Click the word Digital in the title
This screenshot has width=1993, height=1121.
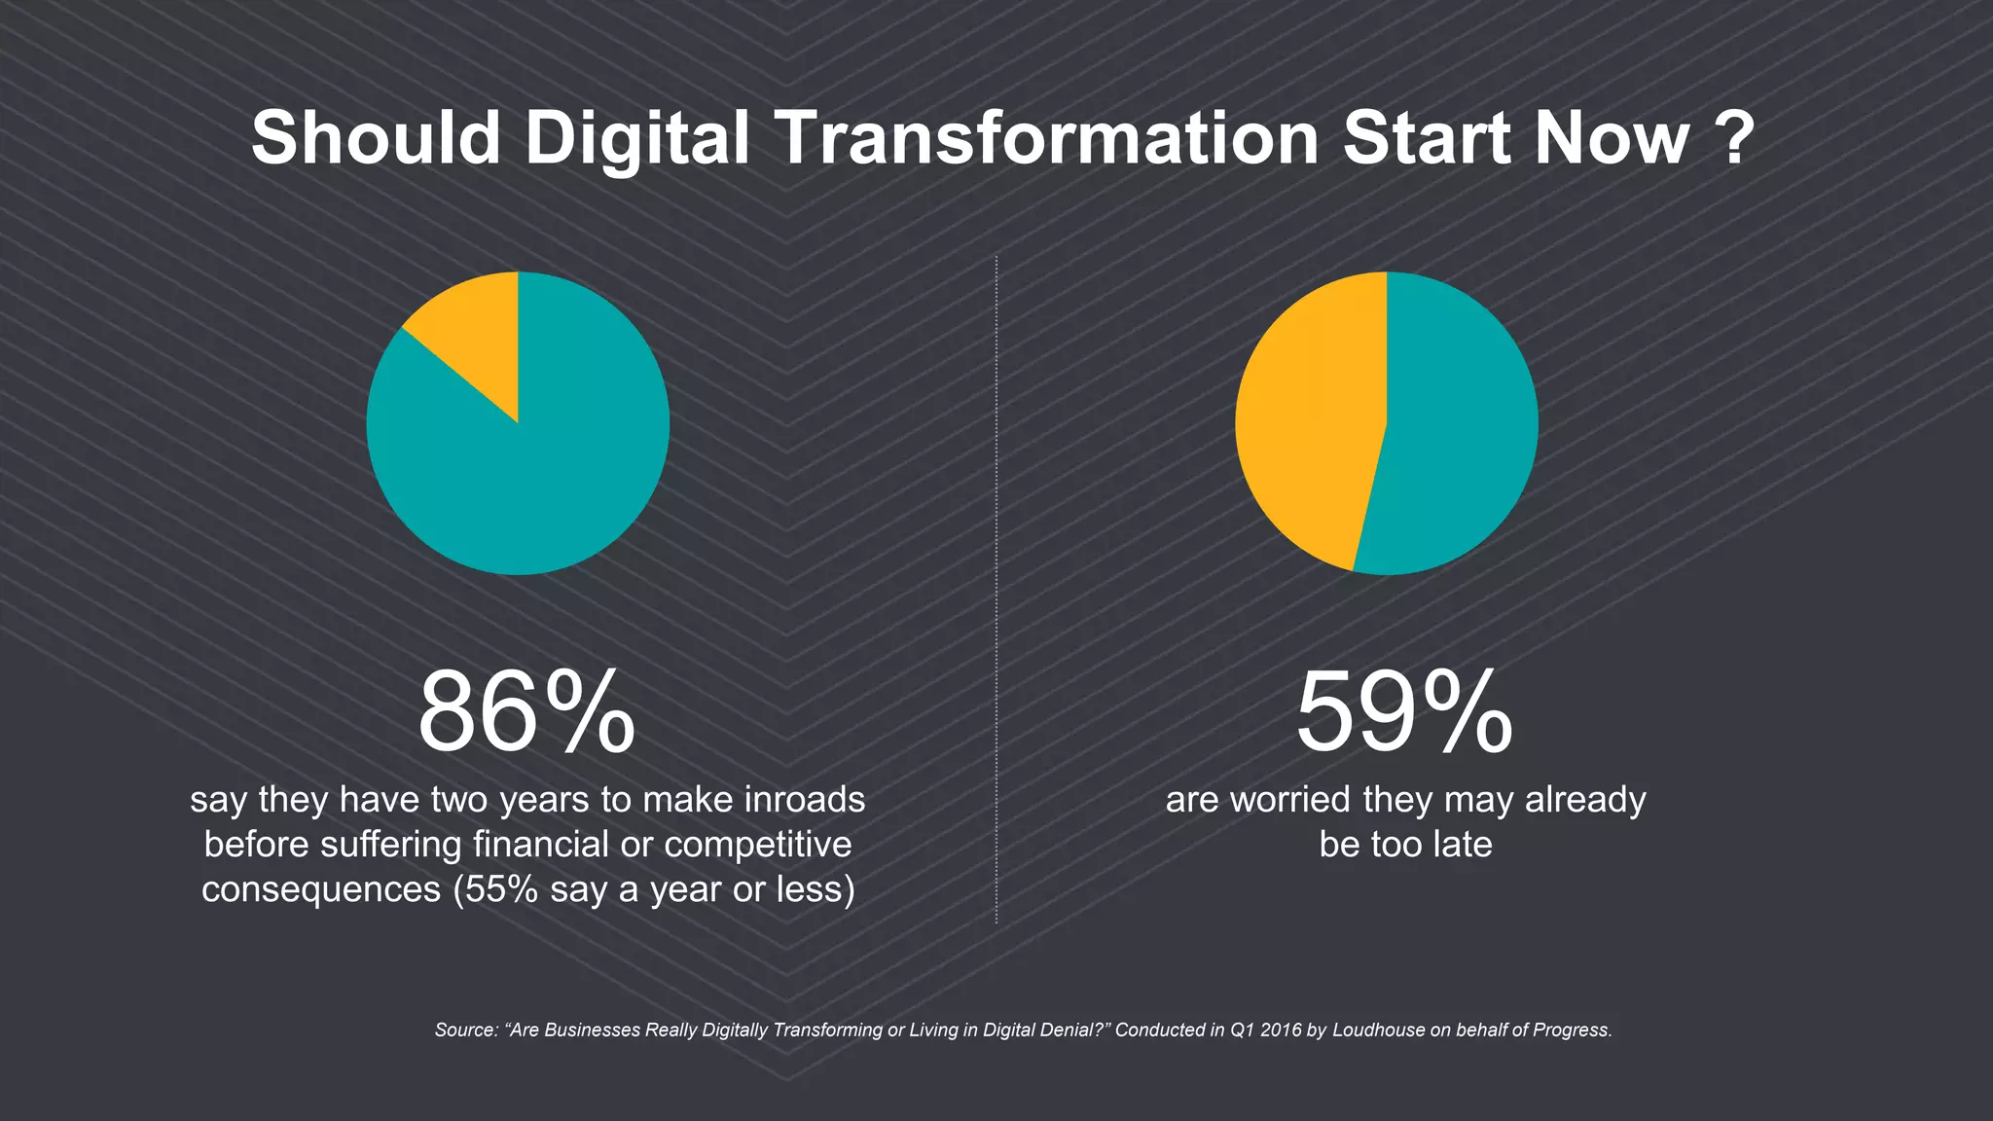[x=636, y=137]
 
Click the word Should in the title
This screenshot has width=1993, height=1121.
[x=375, y=137]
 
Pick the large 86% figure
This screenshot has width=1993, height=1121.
[x=526, y=712]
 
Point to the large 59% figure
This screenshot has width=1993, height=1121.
[x=1404, y=712]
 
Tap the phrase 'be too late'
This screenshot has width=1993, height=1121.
[x=1405, y=845]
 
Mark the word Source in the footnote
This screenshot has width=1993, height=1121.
[x=465, y=1031]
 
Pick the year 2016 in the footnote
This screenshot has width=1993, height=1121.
[x=1282, y=1031]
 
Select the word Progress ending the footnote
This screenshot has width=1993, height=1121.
[x=1571, y=1031]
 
